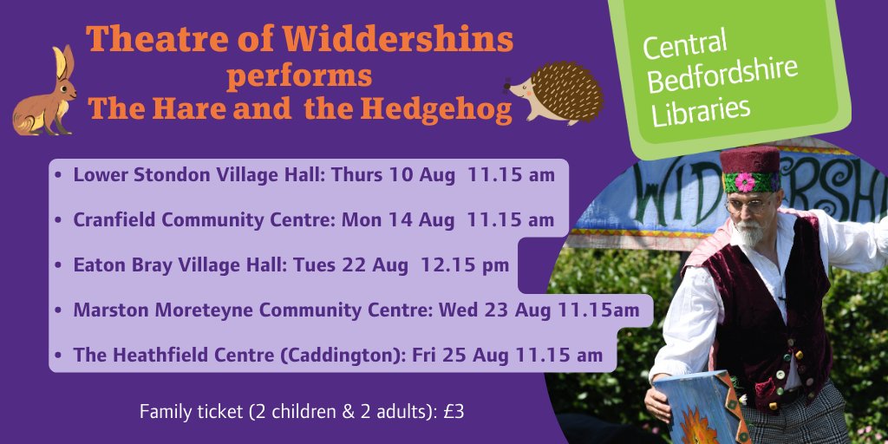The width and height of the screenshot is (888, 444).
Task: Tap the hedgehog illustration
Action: point(555,91)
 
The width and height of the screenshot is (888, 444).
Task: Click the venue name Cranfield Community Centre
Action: point(204,219)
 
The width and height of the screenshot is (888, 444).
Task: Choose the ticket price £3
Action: point(454,412)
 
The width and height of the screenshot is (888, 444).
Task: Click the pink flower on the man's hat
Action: point(744,182)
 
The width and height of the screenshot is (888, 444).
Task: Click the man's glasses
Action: point(747,206)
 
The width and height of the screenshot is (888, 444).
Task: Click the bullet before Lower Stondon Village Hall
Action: point(57,175)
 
